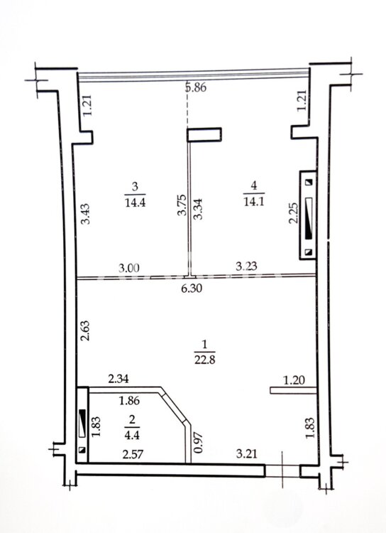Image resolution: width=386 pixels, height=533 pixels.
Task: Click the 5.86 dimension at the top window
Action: pos(196,87)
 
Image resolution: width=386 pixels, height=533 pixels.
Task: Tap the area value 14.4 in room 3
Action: pos(135,203)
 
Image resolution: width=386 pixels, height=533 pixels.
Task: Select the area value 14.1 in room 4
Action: pos(253,202)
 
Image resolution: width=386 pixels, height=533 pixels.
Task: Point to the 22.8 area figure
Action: pos(205,360)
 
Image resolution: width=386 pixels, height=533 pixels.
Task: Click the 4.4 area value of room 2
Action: pos(132,435)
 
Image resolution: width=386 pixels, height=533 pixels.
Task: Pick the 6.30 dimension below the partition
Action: pos(192,289)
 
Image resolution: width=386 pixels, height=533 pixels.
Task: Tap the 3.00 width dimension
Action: pos(129,268)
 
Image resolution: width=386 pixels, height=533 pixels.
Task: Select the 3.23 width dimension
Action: pos(246,266)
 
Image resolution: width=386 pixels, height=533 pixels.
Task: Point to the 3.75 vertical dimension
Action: pos(182,205)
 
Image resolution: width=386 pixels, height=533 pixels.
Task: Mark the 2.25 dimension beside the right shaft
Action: pos(293,213)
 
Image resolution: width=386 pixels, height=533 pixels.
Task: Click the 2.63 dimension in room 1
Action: pos(85,330)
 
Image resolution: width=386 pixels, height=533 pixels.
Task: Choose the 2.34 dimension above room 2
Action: pos(118,379)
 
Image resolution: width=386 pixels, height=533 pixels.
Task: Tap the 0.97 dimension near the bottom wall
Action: pos(199,442)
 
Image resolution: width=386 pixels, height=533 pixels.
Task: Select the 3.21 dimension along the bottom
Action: pos(246,453)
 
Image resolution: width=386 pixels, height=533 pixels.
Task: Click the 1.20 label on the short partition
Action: pos(294,380)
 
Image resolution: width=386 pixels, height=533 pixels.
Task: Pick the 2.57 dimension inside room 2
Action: pos(133,455)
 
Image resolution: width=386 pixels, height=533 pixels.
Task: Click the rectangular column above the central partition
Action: pos(204,134)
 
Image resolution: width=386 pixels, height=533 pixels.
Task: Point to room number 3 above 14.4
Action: pos(135,187)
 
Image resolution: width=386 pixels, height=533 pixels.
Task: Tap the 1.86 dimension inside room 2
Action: pos(129,401)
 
